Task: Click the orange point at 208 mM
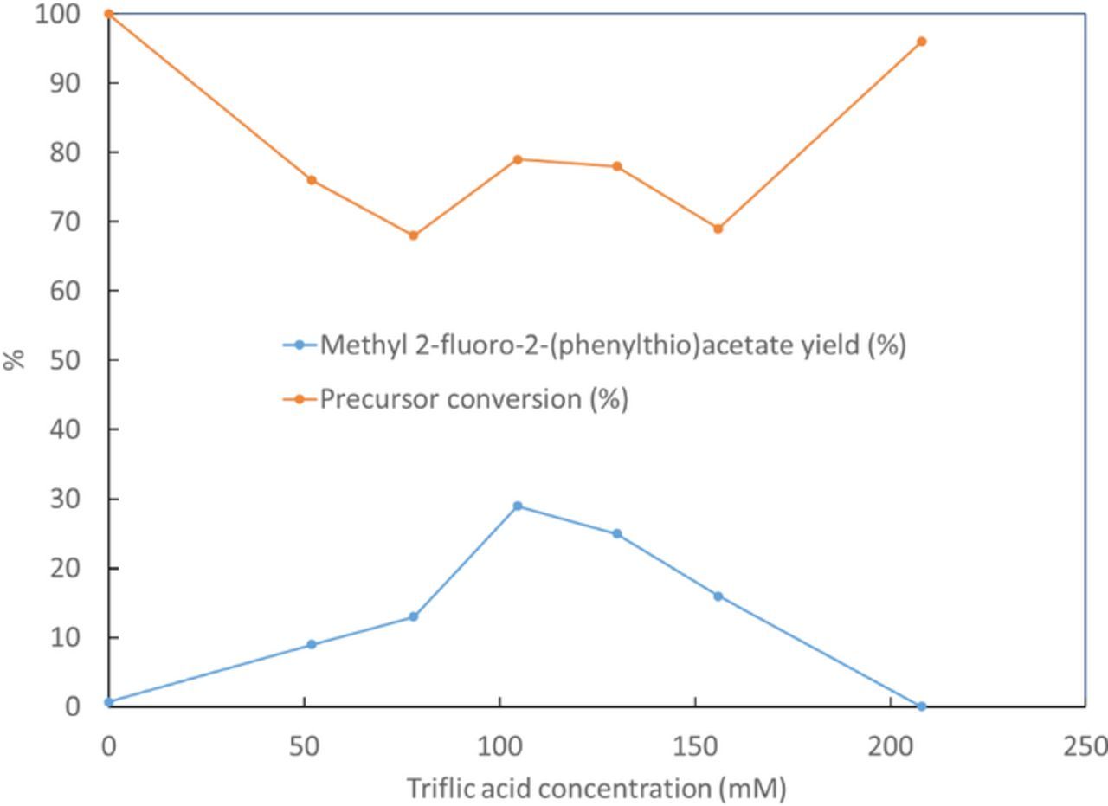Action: (921, 42)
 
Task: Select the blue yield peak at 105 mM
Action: (518, 506)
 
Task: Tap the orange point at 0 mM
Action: (108, 14)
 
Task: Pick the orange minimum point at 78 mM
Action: (413, 235)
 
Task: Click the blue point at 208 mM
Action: (921, 706)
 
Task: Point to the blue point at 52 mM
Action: (312, 644)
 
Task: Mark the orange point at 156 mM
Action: (718, 229)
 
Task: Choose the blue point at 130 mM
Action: (617, 533)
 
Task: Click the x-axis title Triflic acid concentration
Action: (596, 789)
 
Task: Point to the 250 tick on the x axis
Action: (1086, 745)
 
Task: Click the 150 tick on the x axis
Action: (695, 745)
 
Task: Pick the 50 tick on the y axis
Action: (64, 360)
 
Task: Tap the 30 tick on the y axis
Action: (64, 499)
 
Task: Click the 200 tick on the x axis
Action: (891, 745)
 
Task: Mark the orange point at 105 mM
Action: (518, 159)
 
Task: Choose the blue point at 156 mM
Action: (718, 596)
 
